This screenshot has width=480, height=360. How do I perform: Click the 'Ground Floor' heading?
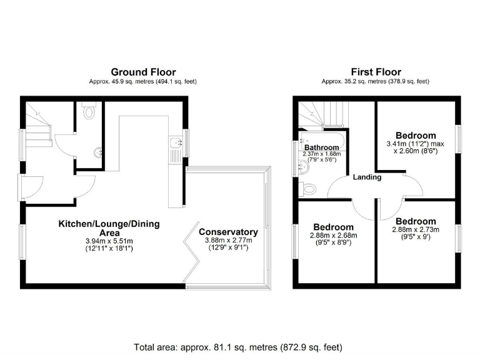(x=143, y=72)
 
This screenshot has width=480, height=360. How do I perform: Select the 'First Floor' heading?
(x=376, y=72)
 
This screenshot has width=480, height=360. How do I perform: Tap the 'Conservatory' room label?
(x=228, y=232)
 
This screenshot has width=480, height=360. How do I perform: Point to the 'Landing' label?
(x=367, y=177)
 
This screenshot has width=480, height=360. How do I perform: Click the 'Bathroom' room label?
(x=321, y=147)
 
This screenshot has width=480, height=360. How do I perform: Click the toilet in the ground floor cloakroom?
(x=89, y=112)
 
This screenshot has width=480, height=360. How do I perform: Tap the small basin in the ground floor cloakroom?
(x=97, y=152)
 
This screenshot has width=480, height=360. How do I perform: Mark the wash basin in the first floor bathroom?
(x=303, y=166)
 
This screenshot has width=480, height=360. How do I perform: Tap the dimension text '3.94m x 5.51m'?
(x=109, y=241)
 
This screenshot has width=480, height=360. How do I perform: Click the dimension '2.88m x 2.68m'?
(x=333, y=235)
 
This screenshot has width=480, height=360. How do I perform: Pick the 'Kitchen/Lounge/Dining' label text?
(x=109, y=224)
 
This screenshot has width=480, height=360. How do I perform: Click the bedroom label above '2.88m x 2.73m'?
(x=416, y=221)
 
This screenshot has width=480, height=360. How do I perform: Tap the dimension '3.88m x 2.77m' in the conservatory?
(x=228, y=240)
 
